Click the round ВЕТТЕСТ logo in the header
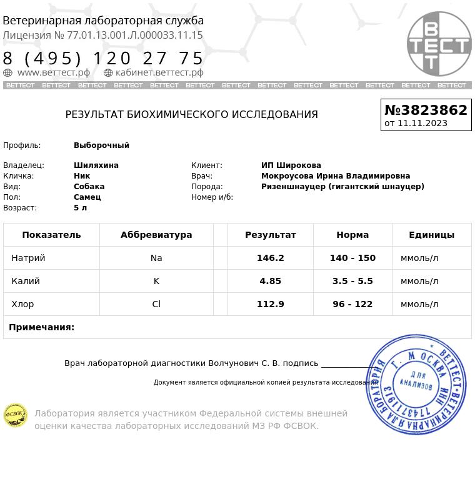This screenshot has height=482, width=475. point(439,44)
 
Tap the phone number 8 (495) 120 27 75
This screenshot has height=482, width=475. point(103,59)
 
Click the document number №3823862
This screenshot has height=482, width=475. point(426,110)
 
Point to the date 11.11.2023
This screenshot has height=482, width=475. point(422,123)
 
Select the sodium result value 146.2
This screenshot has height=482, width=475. point(270,258)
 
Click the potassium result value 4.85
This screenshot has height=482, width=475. point(270,281)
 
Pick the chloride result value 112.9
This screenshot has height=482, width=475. point(270,304)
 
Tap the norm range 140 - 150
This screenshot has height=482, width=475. point(352,258)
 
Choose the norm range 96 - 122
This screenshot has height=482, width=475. point(352,304)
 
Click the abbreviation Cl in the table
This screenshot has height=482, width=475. point(156,304)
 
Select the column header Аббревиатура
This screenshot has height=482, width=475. point(156,235)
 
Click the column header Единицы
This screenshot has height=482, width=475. point(431,235)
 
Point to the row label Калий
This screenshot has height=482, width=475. point(26,281)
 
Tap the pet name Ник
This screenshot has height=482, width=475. point(82,176)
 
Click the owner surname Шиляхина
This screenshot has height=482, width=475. point(96,165)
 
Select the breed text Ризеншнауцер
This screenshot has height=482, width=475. point(293,187)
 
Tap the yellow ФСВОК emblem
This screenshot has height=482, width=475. point(16,415)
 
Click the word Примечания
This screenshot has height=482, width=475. point(41,327)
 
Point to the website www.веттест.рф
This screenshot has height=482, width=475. point(53,72)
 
